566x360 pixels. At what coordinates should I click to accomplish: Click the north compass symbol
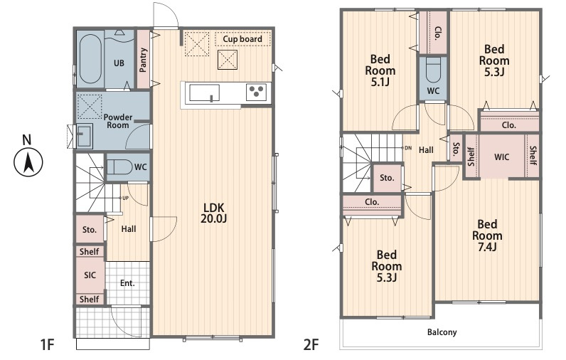[x=28, y=162]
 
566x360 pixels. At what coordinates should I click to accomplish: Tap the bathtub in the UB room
[x=90, y=59]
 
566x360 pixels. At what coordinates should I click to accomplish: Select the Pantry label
[x=144, y=60]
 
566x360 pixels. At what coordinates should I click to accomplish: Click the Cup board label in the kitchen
[x=242, y=39]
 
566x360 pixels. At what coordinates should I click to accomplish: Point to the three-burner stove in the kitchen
[x=256, y=92]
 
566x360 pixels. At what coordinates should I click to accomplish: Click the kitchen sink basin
[x=204, y=93]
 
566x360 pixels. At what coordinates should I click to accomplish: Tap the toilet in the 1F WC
[x=120, y=166]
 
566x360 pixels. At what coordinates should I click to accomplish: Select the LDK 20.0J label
[x=214, y=213]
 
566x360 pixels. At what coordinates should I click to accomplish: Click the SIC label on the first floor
[x=90, y=275]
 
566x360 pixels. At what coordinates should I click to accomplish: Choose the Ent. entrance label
[x=127, y=283]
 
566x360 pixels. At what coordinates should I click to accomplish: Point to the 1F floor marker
[x=48, y=344]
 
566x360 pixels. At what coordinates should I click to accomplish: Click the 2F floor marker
[x=311, y=344]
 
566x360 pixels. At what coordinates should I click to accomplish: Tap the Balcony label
[x=442, y=332]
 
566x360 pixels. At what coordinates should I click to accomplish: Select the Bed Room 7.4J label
[x=487, y=235]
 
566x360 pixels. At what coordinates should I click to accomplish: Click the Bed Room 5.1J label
[x=380, y=70]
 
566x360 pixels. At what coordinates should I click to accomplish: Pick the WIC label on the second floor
[x=502, y=157]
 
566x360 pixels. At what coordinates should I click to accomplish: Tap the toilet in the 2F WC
[x=433, y=70]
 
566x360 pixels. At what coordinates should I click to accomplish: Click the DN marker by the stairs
[x=408, y=148]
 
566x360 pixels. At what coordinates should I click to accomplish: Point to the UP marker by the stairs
[x=125, y=198]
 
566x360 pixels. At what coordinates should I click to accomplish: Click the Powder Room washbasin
[x=84, y=135]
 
